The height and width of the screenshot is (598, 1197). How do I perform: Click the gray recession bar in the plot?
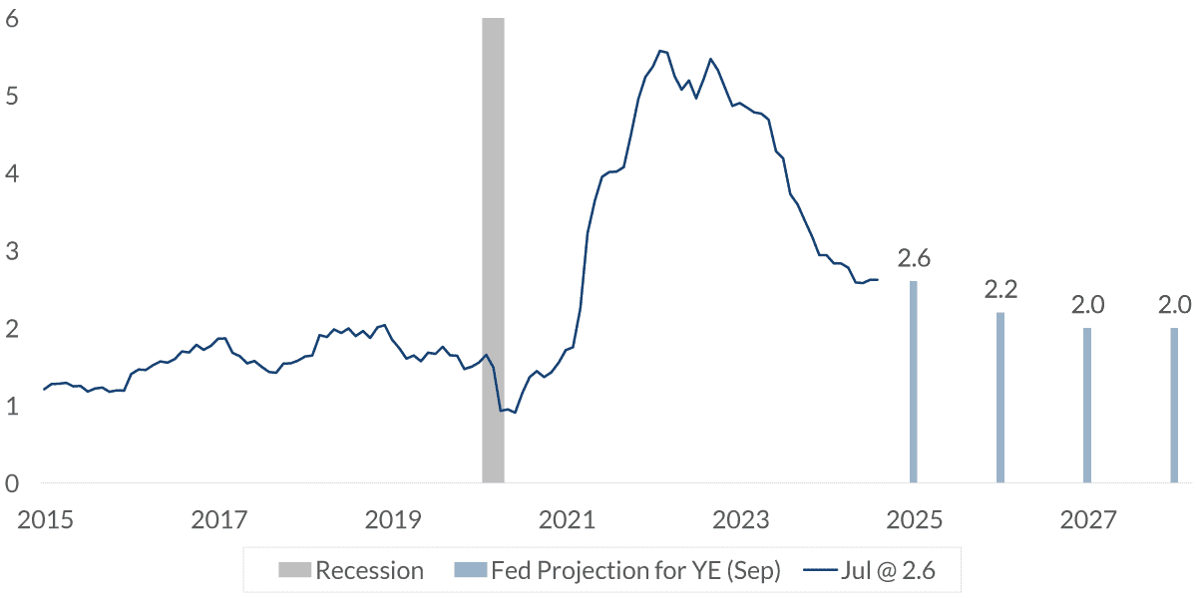[493, 249]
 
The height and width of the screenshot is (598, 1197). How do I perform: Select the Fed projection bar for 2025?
[913, 383]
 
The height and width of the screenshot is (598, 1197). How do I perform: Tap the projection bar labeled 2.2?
[1000, 398]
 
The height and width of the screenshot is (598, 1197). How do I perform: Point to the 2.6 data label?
[914, 259]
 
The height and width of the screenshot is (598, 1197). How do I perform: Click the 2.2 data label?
[1000, 290]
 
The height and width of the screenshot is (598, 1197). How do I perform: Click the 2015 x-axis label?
[44, 520]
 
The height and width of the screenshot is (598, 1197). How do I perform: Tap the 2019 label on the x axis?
[393, 520]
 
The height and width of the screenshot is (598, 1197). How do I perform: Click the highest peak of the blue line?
[660, 50]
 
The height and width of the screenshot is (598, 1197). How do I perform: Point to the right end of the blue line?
[877, 280]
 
